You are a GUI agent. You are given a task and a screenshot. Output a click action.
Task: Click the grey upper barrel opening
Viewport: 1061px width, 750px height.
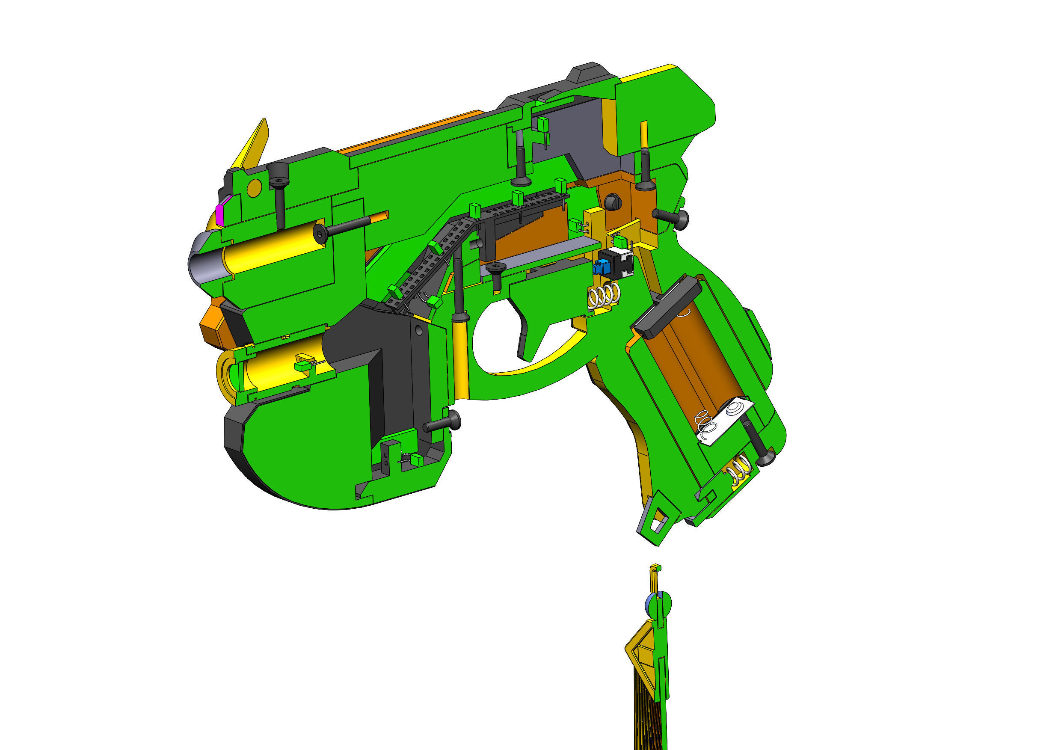click(203, 264)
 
